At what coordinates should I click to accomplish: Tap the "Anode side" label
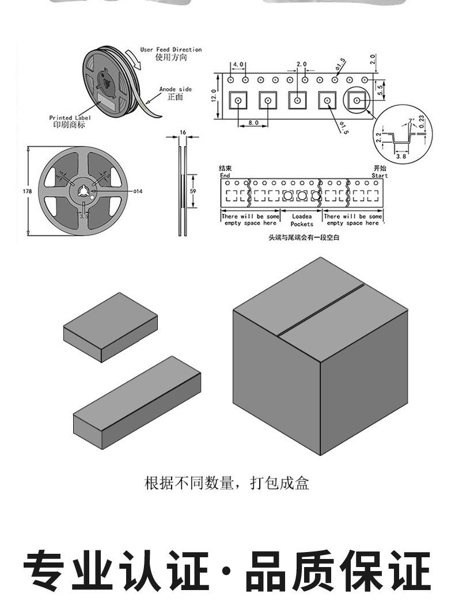coord(175,89)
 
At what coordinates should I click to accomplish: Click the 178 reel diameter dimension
coord(27,191)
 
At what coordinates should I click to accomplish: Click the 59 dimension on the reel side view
coord(192,191)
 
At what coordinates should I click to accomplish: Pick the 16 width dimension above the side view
coord(183,133)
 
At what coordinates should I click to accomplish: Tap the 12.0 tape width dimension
coord(213,96)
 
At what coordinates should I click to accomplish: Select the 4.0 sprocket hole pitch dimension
coord(238,64)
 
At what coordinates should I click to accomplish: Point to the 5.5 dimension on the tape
coord(380,88)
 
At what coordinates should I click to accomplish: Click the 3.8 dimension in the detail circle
coord(401,155)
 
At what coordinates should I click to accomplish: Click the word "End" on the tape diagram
coord(225,176)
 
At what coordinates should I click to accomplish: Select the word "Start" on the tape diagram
coord(380,176)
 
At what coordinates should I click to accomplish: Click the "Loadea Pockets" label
coord(301,220)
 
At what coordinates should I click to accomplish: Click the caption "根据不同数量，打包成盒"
coord(227,482)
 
